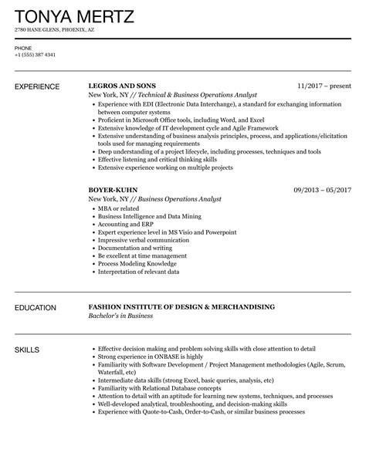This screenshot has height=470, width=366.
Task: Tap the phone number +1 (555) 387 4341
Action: pos(36,55)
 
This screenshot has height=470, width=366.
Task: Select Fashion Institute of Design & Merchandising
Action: pos(181,308)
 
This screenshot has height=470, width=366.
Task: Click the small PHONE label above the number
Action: pos(22,47)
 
